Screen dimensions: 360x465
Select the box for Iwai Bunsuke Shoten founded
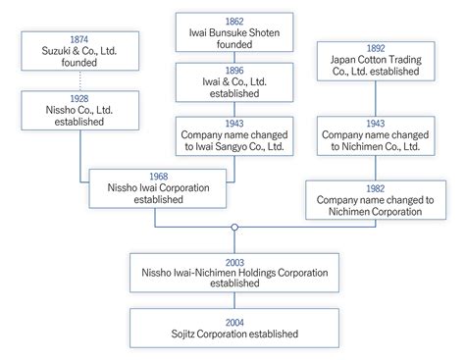click(233, 32)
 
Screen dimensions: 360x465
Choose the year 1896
click(233, 72)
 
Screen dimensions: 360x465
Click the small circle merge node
click(233, 229)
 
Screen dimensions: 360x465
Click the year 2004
click(233, 321)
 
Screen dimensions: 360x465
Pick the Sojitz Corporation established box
click(233, 327)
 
